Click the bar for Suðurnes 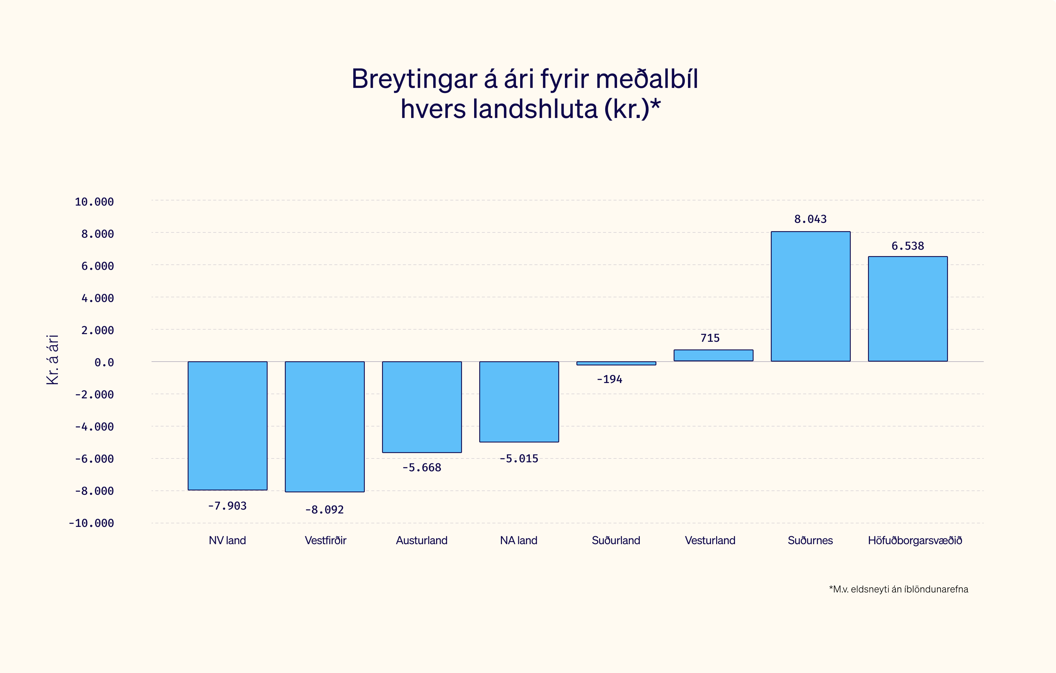810,296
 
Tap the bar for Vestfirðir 325,426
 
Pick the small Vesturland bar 713,356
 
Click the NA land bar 519,402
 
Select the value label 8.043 810,219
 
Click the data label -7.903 227,506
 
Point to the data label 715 710,338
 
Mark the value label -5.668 421,468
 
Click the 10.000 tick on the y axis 94,202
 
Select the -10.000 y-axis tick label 91,523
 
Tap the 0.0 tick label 104,363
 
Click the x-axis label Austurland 421,540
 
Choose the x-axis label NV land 227,540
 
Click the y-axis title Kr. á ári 53,359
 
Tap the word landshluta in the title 535,109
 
